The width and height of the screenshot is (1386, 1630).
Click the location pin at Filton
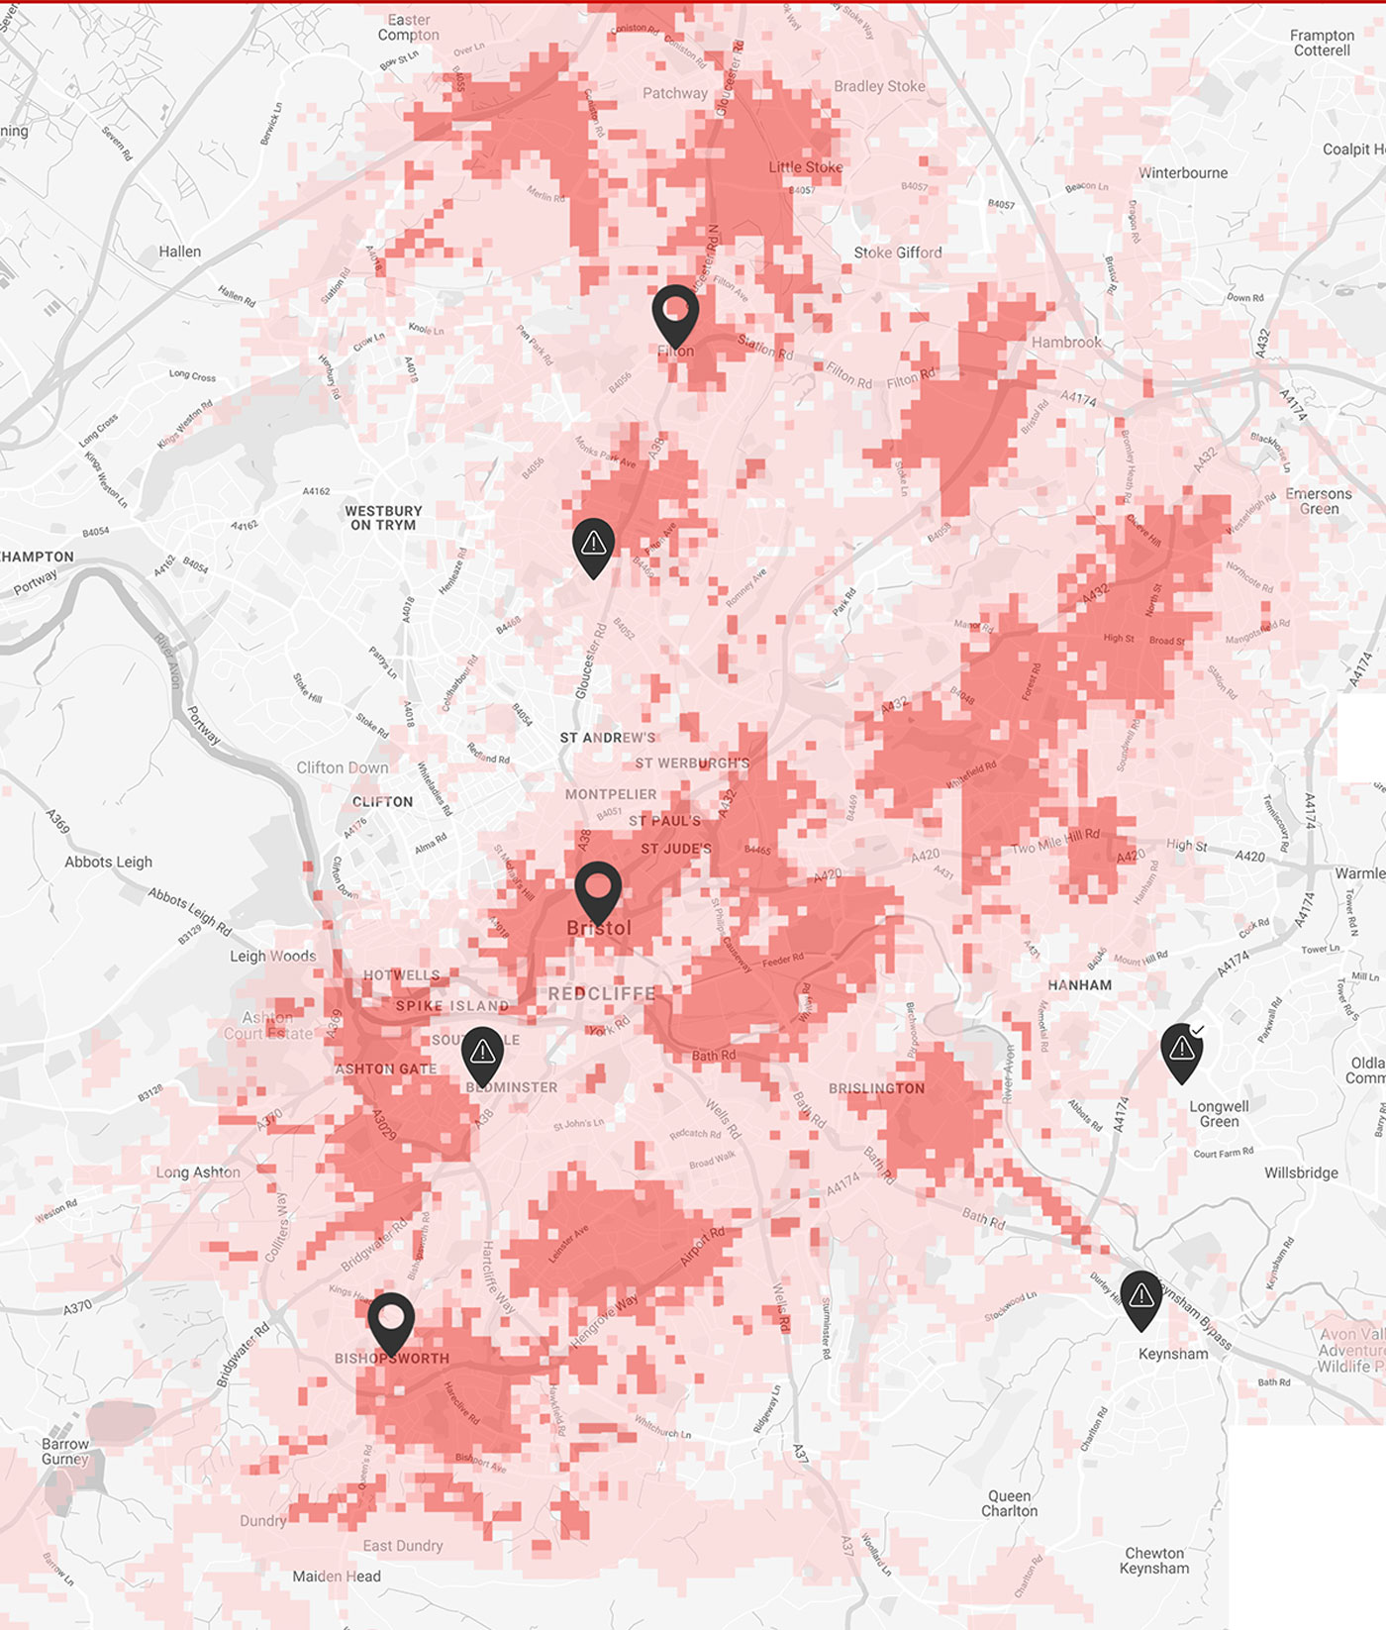click(x=675, y=313)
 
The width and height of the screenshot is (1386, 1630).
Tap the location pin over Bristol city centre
click(x=598, y=889)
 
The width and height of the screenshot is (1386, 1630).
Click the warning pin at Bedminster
click(x=482, y=1054)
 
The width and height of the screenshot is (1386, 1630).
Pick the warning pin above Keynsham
click(x=1140, y=1297)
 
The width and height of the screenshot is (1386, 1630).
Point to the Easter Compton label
click(x=409, y=28)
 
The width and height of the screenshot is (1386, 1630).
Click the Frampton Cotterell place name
click(x=1322, y=43)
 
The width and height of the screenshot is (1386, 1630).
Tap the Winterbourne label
click(x=1183, y=173)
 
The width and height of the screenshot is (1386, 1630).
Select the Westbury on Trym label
click(x=383, y=518)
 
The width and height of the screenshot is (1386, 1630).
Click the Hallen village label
click(x=180, y=252)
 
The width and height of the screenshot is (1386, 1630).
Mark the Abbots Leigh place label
click(x=109, y=862)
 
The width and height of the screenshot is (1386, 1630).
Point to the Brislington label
click(x=876, y=1088)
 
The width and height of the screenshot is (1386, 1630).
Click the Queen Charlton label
click(x=1009, y=1503)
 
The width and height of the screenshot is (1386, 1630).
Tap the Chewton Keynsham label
click(x=1154, y=1561)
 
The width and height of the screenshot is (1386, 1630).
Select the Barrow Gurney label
click(x=65, y=1451)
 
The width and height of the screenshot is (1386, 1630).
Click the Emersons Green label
click(x=1319, y=501)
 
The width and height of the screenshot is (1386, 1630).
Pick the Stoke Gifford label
click(x=898, y=253)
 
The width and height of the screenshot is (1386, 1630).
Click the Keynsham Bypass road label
click(x=1196, y=1316)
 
